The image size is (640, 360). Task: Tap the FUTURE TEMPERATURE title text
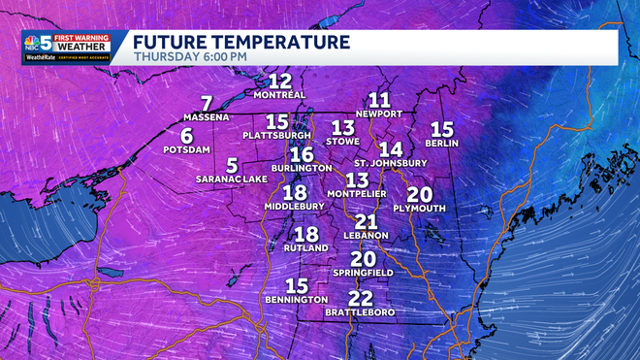241,42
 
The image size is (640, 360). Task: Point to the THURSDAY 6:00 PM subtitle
190,56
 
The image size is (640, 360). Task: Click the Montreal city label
279,95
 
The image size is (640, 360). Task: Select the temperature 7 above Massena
206,104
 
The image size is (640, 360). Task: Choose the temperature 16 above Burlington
302,154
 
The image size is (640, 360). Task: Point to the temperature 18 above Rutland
306,234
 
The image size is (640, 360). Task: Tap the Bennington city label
296,300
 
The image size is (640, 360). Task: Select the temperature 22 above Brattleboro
360,298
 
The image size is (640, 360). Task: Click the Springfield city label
363,274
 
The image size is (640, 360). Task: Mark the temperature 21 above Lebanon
366,222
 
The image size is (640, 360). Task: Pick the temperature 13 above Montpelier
357,180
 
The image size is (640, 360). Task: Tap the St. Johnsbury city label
390,162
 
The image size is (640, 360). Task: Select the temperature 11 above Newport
379,100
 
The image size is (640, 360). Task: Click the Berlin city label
441,143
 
